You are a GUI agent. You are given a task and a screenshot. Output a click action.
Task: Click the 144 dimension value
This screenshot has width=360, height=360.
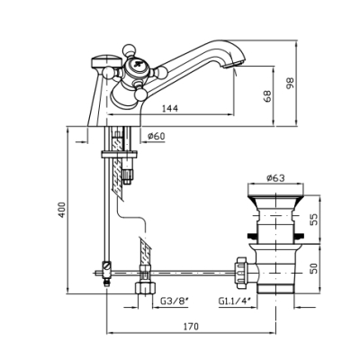click(x=170, y=108)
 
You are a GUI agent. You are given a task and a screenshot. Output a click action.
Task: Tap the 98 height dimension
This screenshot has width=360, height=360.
click(x=291, y=83)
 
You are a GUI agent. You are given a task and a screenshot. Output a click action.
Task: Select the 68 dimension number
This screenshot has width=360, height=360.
click(x=267, y=96)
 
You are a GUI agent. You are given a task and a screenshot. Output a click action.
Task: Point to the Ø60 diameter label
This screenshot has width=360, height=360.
click(x=157, y=137)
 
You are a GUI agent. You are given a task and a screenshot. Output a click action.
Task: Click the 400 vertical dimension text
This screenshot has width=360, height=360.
click(x=62, y=210)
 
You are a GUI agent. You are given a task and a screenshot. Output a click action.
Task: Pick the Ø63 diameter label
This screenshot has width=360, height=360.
click(x=275, y=178)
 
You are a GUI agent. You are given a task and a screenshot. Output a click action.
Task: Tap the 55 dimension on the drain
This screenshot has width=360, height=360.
click(x=312, y=220)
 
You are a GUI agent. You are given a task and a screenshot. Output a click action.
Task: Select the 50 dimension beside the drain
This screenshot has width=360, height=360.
click(x=312, y=268)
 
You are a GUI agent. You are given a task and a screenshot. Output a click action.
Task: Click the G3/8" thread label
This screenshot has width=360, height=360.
click(x=175, y=301)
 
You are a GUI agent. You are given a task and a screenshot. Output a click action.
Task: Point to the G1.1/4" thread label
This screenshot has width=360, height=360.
click(x=235, y=301)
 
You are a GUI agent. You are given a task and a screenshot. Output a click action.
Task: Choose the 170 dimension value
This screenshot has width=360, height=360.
click(x=191, y=326)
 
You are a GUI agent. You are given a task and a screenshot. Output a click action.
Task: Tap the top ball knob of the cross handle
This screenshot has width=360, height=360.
click(x=130, y=49)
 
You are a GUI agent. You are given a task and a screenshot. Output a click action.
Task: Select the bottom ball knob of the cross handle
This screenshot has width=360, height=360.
click(x=140, y=94)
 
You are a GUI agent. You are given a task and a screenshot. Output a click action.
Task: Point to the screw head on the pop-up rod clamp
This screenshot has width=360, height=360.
click(x=107, y=265)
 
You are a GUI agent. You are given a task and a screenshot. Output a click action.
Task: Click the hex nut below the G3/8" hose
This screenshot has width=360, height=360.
click(x=146, y=288)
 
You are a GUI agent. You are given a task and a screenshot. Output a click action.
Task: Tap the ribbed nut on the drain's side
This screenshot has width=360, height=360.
click(x=241, y=273)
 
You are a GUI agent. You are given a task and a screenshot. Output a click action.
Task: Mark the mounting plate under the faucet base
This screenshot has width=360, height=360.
click(x=119, y=155)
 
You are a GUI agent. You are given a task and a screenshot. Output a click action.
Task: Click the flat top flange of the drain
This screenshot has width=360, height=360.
click(x=275, y=190)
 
